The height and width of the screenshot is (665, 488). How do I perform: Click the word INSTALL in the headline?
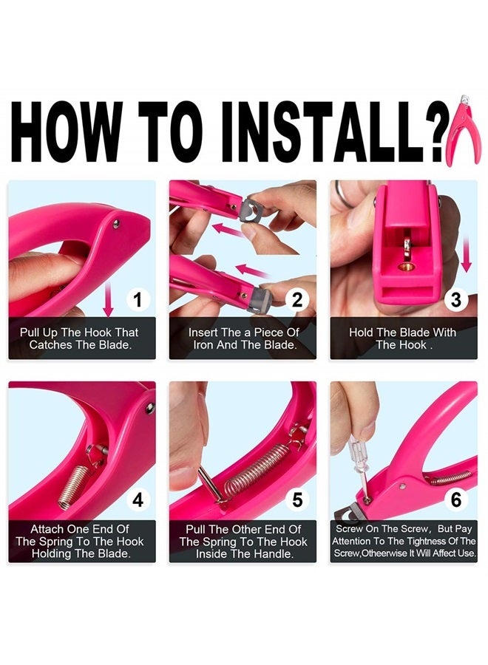(324, 132)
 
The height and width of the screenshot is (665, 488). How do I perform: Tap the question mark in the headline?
(438, 132)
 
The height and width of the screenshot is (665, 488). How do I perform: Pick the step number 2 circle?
(297, 300)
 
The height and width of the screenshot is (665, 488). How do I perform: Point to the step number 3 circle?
(456, 300)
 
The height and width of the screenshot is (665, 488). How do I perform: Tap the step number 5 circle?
(297, 500)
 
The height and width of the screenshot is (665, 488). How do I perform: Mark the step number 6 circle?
(456, 500)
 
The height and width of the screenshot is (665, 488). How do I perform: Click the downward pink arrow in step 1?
(109, 299)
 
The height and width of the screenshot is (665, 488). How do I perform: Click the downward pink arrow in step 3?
(467, 254)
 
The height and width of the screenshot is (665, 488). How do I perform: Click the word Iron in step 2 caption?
(203, 345)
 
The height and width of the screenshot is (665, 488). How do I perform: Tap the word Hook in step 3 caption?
(414, 345)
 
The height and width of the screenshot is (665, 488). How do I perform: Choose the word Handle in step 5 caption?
(272, 554)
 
